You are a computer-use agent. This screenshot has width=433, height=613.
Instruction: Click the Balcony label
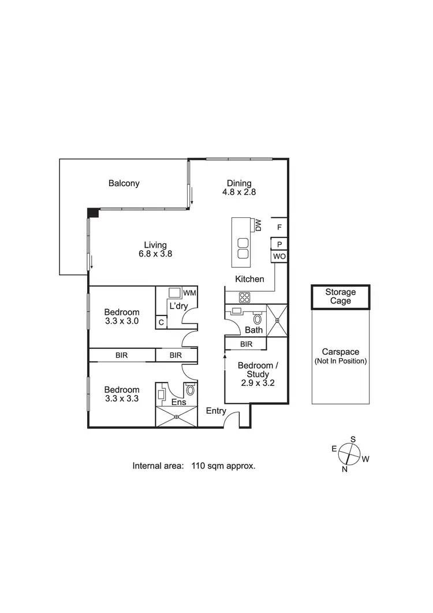124,184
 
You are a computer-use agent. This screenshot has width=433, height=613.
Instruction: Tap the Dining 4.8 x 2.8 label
238,188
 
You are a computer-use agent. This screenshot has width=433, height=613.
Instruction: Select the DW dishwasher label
259,225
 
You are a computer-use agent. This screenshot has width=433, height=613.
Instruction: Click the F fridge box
279,227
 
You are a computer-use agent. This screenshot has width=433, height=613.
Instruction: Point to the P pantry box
279,244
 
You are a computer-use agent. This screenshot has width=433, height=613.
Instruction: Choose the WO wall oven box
279,256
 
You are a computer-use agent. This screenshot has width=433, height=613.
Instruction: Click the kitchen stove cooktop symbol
245,298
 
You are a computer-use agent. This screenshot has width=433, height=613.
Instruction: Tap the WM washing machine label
189,294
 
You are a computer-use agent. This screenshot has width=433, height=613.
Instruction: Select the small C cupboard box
161,322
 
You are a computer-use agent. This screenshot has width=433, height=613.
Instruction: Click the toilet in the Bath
257,318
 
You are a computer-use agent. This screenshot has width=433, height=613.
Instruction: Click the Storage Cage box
340,297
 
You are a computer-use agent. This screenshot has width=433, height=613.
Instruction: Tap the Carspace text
340,351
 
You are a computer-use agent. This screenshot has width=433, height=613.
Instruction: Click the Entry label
216,410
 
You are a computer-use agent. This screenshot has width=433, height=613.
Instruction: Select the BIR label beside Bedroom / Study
246,344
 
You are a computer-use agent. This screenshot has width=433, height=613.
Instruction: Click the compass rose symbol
349,453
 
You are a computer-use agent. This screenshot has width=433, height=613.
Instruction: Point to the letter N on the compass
345,469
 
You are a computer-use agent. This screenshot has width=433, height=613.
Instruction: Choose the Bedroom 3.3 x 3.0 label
122,317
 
